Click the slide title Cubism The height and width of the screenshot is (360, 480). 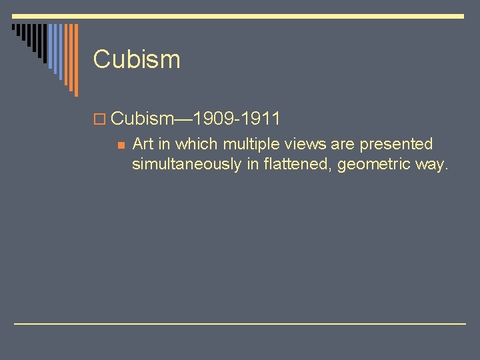137,59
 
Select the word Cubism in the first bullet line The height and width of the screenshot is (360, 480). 142,119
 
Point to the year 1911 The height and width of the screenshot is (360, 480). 261,119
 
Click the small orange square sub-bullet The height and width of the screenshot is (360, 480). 120,144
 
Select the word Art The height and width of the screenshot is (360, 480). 143,144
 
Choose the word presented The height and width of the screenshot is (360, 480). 396,145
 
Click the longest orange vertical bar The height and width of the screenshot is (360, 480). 75,60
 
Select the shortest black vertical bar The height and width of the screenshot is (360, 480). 15,29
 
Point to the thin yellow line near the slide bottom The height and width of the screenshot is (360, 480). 240,323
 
